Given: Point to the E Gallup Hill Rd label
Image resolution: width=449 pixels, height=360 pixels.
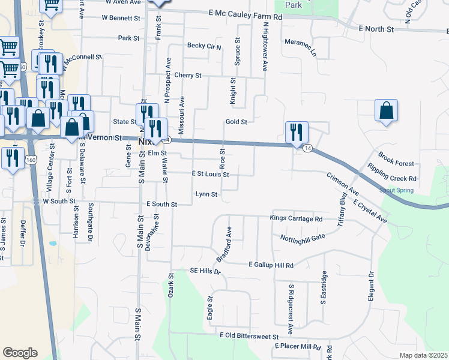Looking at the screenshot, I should coord(271,265).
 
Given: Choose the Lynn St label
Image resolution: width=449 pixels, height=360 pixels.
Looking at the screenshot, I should coord(206,194).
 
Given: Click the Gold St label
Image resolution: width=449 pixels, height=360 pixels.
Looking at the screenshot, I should coord(236,122).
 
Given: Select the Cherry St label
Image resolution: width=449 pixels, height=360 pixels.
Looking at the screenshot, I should coord(188,76).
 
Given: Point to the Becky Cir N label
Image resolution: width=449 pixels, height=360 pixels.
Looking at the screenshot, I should coord(204,46).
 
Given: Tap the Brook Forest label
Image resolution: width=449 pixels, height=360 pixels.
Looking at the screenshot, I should coord(396,163).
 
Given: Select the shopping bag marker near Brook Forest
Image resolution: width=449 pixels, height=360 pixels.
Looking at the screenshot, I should coord(386,111).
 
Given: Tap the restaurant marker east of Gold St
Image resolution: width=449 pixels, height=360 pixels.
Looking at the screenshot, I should coord(296,133).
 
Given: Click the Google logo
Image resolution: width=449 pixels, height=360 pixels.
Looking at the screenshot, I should coord(20,353).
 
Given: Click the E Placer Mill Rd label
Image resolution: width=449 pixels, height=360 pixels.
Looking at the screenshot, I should coord(298,347).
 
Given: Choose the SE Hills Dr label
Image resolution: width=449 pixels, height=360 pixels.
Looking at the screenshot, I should coord(205,271).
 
